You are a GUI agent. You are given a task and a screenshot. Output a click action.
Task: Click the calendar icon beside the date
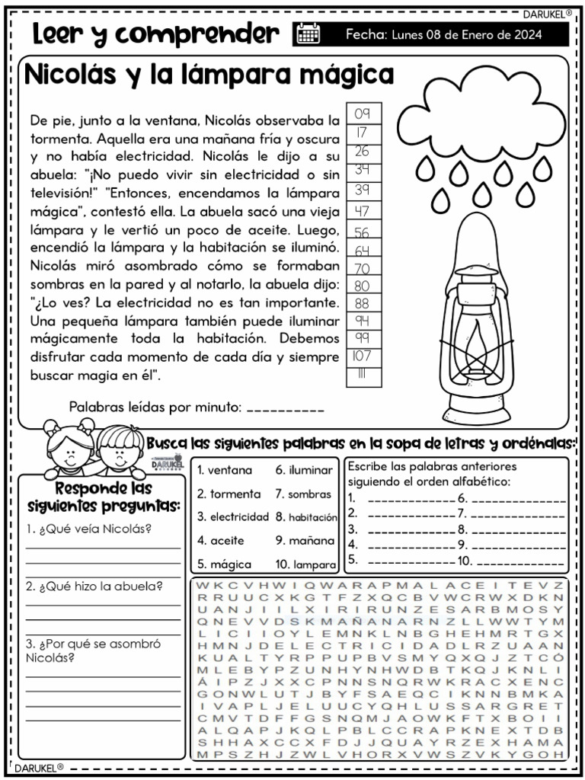pyautogui.click(x=308, y=34)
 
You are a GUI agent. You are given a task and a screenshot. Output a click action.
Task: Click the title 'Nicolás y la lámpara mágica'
pyautogui.click(x=209, y=75)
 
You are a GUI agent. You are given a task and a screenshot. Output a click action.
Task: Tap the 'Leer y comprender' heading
pyautogui.click(x=156, y=34)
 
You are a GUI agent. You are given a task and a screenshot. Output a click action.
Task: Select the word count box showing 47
pyautogui.click(x=362, y=211)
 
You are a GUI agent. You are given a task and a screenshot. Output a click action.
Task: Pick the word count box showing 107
pyautogui.click(x=362, y=356)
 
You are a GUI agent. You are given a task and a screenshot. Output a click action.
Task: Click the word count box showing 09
pyautogui.click(x=362, y=114)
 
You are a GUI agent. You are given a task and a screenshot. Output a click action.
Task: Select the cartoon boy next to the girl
pyautogui.click(x=118, y=448)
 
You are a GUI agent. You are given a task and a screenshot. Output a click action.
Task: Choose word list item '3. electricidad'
pyautogui.click(x=233, y=516)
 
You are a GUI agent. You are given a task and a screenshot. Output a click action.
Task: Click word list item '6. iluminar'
pyautogui.click(x=304, y=471)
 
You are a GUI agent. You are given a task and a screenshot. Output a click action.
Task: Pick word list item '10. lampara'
pyautogui.click(x=305, y=564)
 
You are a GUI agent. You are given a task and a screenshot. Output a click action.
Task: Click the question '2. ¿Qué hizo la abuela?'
pyautogui.click(x=93, y=586)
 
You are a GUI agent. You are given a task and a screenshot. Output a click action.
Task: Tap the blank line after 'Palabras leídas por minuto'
pyautogui.click(x=286, y=409)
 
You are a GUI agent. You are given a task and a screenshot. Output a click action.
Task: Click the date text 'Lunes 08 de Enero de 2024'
pyautogui.click(x=466, y=34)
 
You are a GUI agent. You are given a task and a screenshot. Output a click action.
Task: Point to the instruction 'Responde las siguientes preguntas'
pyautogui.click(x=103, y=497)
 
